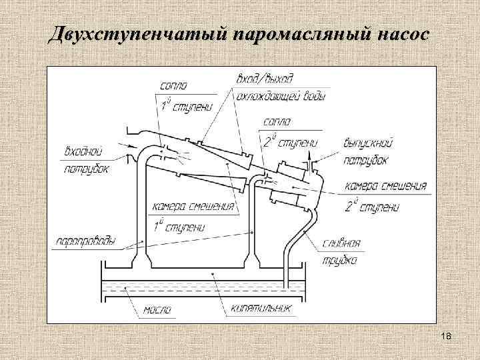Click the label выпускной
369,143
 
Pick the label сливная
343,243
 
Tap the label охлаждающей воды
282,97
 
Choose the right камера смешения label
386,187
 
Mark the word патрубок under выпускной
367,161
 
